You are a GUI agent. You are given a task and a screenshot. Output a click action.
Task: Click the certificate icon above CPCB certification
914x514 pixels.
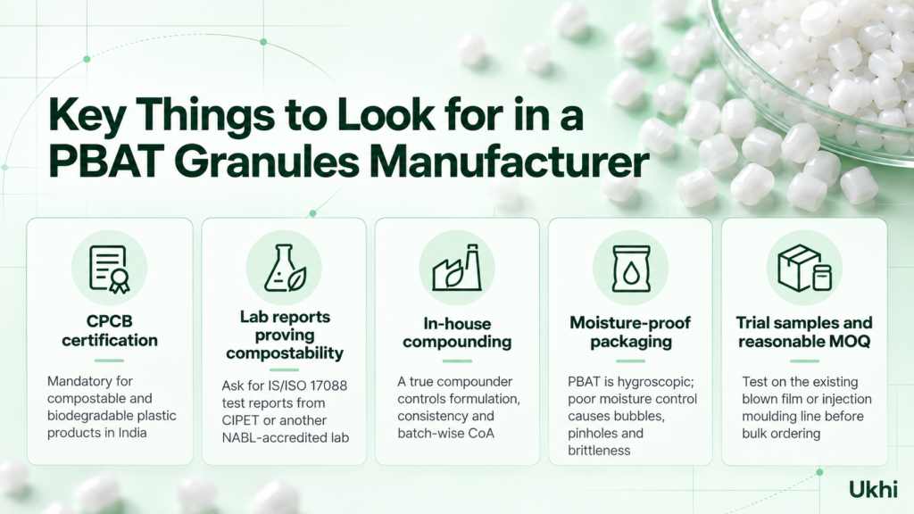pos(109,269)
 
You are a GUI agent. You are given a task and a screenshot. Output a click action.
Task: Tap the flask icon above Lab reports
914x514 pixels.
pos(285,268)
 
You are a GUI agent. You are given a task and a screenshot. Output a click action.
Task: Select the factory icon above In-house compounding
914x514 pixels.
pos(457,268)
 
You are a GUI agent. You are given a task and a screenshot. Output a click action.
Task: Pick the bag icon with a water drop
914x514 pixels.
pos(631,269)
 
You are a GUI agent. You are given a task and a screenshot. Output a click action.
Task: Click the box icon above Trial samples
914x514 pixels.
pos(804,268)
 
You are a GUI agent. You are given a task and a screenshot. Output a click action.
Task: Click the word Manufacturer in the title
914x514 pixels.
pos(509,162)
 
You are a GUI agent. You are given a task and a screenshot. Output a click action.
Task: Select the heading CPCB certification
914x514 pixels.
pos(110,330)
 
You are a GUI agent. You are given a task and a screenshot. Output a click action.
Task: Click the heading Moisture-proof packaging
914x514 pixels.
pos(630,332)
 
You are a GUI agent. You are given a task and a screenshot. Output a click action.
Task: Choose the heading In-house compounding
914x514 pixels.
pos(457,332)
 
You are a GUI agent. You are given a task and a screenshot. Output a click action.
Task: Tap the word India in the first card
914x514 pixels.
pos(131,433)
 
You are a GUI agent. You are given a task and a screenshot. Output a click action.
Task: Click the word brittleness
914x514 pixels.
pos(599,451)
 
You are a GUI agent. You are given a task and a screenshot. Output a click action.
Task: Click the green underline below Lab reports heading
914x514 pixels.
pos(285,370)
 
